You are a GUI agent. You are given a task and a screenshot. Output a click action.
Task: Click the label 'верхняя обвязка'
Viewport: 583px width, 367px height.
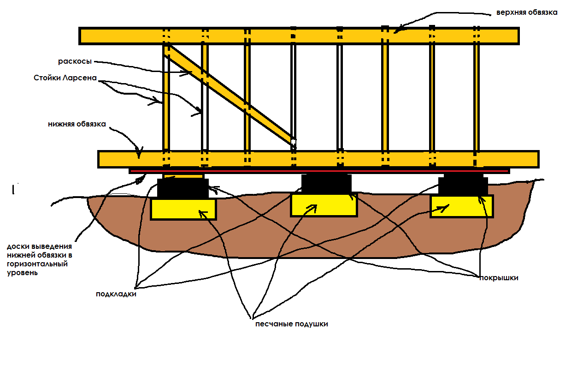click(527, 12)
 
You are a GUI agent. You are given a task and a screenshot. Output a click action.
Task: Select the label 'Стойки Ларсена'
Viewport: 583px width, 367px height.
click(65, 78)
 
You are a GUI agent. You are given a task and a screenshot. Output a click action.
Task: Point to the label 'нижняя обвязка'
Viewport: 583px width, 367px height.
click(77, 124)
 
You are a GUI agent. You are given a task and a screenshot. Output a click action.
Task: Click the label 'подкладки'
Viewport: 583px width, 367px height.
click(116, 294)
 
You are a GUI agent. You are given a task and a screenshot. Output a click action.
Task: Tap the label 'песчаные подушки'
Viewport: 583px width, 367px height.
click(292, 324)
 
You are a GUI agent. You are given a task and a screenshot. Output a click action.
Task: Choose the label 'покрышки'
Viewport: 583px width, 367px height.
click(499, 278)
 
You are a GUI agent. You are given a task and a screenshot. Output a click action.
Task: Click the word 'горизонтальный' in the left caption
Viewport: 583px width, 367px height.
click(37, 264)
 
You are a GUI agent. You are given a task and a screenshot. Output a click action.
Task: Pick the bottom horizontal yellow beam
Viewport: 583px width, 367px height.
click(318, 159)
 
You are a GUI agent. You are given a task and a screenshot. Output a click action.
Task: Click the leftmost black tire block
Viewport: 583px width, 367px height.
click(183, 188)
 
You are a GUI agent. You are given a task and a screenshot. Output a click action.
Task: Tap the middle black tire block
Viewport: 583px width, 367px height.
click(326, 184)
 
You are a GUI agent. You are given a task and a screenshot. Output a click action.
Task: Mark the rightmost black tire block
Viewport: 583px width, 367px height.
click(463, 185)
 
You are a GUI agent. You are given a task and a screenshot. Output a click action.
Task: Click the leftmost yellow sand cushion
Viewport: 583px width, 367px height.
click(183, 209)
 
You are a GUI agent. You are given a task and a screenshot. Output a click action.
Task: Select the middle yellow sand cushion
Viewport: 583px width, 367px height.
click(324, 205)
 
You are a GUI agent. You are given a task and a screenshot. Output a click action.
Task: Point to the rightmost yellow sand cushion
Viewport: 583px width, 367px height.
click(461, 206)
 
